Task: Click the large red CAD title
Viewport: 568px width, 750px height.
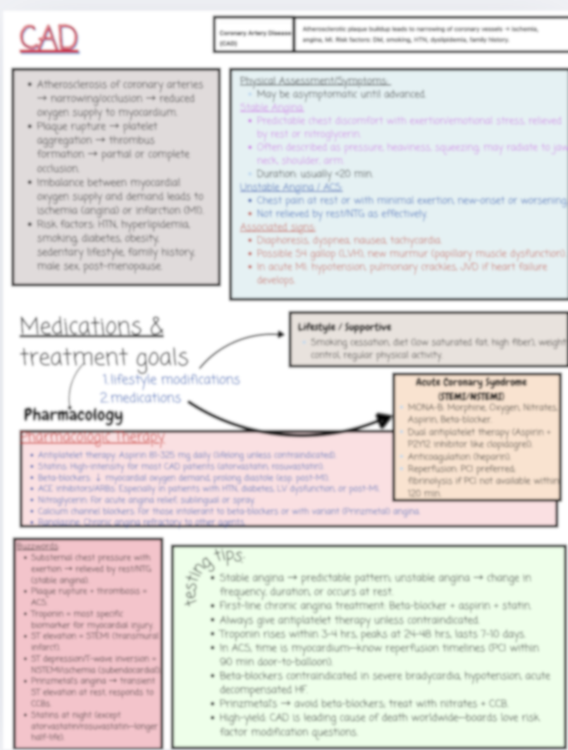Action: click(x=49, y=39)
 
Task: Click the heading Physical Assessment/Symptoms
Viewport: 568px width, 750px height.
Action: click(x=314, y=81)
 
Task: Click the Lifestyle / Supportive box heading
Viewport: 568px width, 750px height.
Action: click(x=345, y=327)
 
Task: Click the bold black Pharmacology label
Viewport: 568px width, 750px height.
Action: click(x=73, y=415)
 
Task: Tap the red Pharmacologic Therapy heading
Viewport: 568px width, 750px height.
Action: click(x=93, y=437)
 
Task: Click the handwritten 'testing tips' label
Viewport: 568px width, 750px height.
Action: click(x=213, y=573)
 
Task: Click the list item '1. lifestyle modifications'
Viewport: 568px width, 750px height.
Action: click(x=171, y=379)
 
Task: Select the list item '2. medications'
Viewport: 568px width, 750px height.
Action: click(x=140, y=398)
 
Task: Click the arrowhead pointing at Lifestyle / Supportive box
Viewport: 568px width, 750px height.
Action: click(x=280, y=335)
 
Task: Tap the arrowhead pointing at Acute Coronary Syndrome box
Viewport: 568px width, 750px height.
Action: click(x=383, y=420)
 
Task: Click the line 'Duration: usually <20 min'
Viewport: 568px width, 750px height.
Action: click(x=314, y=174)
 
